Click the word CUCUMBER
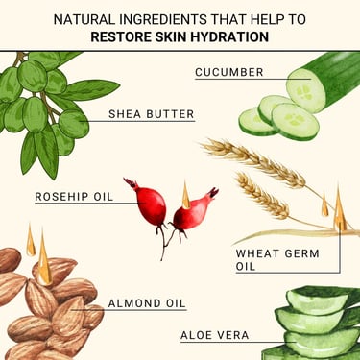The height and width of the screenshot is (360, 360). point(229,72)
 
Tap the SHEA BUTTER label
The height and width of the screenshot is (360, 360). point(152,114)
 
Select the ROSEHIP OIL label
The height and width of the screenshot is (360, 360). point(74,196)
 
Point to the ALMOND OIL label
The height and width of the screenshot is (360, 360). point(147,303)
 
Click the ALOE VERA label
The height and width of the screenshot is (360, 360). point(215,335)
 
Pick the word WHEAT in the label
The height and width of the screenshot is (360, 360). point(257,253)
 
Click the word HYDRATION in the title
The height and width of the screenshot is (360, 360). point(229,36)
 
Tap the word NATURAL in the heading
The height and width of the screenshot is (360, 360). point(84,19)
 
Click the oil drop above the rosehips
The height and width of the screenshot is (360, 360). point(186,196)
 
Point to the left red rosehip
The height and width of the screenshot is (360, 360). point(148,203)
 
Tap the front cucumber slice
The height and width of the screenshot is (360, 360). point(296,122)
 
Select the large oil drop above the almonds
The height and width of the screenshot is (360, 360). point(44,261)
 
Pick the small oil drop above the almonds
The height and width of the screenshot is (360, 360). point(31,242)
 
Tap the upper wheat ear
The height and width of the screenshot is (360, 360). point(252,162)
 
